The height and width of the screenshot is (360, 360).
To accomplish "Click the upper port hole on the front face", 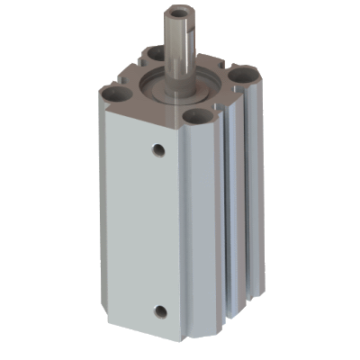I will coord(158,148).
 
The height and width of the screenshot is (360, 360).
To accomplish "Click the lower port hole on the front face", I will coord(159,312).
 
